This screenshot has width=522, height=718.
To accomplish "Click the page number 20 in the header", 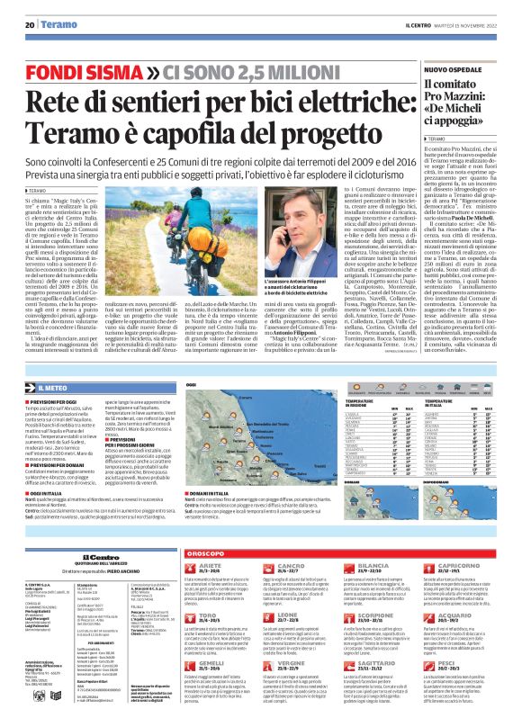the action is tap(29, 25).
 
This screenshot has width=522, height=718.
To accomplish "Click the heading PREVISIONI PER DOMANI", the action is tap(60, 446).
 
